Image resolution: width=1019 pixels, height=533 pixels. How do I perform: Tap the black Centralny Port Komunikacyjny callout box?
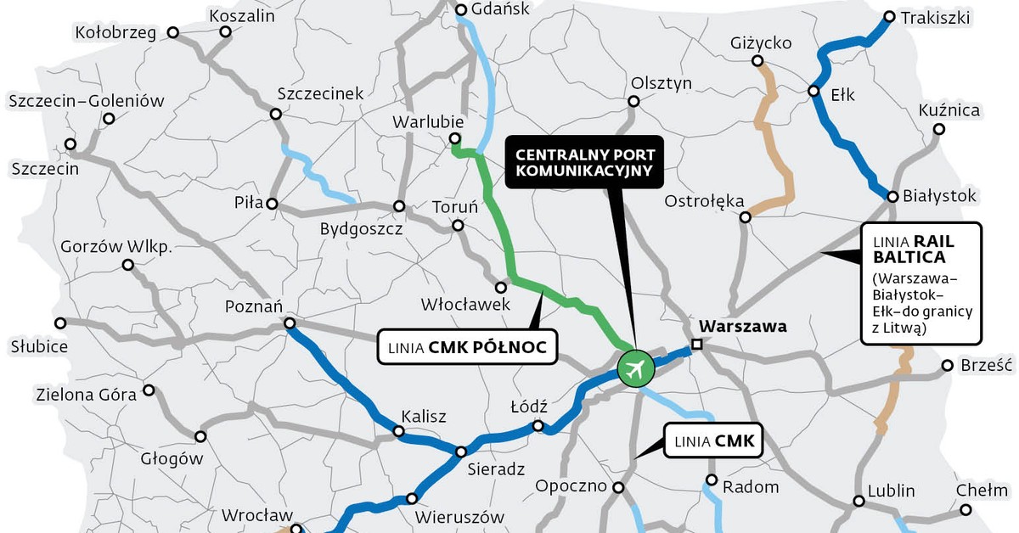tap(585, 163)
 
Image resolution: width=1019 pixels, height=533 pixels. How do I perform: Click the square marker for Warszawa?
tap(696, 344)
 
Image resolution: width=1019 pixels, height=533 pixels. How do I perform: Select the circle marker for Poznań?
tap(290, 323)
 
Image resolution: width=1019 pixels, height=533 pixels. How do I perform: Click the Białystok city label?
tap(939, 196)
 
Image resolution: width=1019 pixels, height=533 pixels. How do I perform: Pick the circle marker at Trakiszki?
tap(889, 16)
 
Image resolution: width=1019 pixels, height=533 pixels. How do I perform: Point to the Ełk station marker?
tap(814, 92)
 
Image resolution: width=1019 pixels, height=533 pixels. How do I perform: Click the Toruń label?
tap(455, 207)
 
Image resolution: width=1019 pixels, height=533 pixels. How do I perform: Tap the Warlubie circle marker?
tap(454, 139)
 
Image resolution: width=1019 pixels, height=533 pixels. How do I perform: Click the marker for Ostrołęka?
tap(746, 217)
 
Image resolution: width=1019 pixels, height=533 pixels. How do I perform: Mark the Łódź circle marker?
tap(538, 426)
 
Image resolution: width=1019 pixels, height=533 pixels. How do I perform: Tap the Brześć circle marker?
tap(948, 367)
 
